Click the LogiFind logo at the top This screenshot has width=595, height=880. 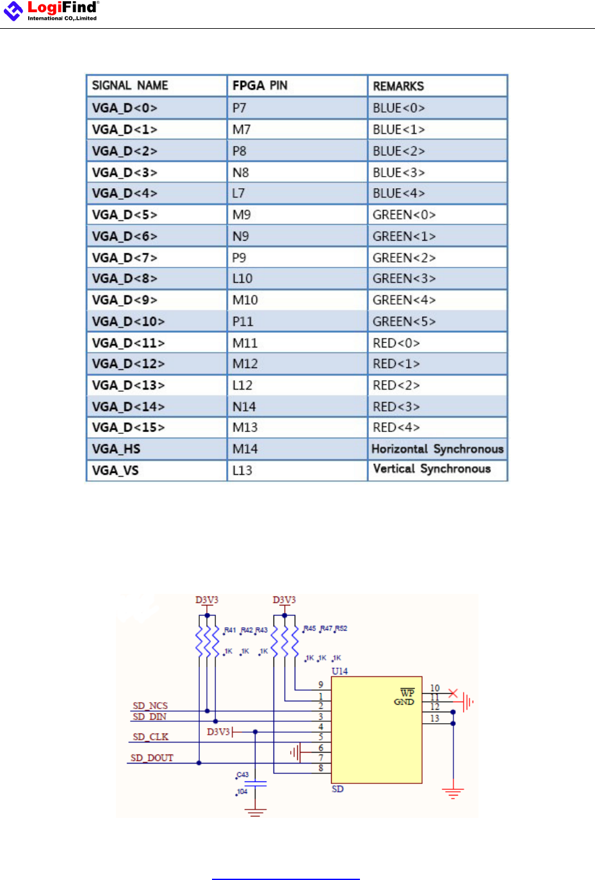[51, 11]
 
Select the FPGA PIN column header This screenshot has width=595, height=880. [260, 86]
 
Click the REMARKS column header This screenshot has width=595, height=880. [398, 86]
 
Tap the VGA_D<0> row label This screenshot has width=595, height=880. [124, 108]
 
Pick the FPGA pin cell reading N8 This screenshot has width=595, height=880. [241, 173]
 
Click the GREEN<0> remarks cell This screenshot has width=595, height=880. [404, 215]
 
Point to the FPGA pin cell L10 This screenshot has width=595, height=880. [243, 279]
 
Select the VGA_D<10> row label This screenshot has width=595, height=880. [128, 322]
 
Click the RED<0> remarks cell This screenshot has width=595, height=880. [396, 344]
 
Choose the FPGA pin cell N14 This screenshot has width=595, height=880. [244, 407]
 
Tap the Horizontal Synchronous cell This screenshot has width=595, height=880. [437, 449]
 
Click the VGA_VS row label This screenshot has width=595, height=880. [115, 471]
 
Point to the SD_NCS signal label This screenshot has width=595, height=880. [150, 706]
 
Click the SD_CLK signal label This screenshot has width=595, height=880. [151, 737]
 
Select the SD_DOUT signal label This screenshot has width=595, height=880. [152, 758]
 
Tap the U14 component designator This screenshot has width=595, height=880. [339, 671]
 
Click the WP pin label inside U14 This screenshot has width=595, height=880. [407, 693]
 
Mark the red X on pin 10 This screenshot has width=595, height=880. [453, 694]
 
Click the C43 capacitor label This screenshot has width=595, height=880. [243, 775]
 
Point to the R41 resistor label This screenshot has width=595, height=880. [230, 630]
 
